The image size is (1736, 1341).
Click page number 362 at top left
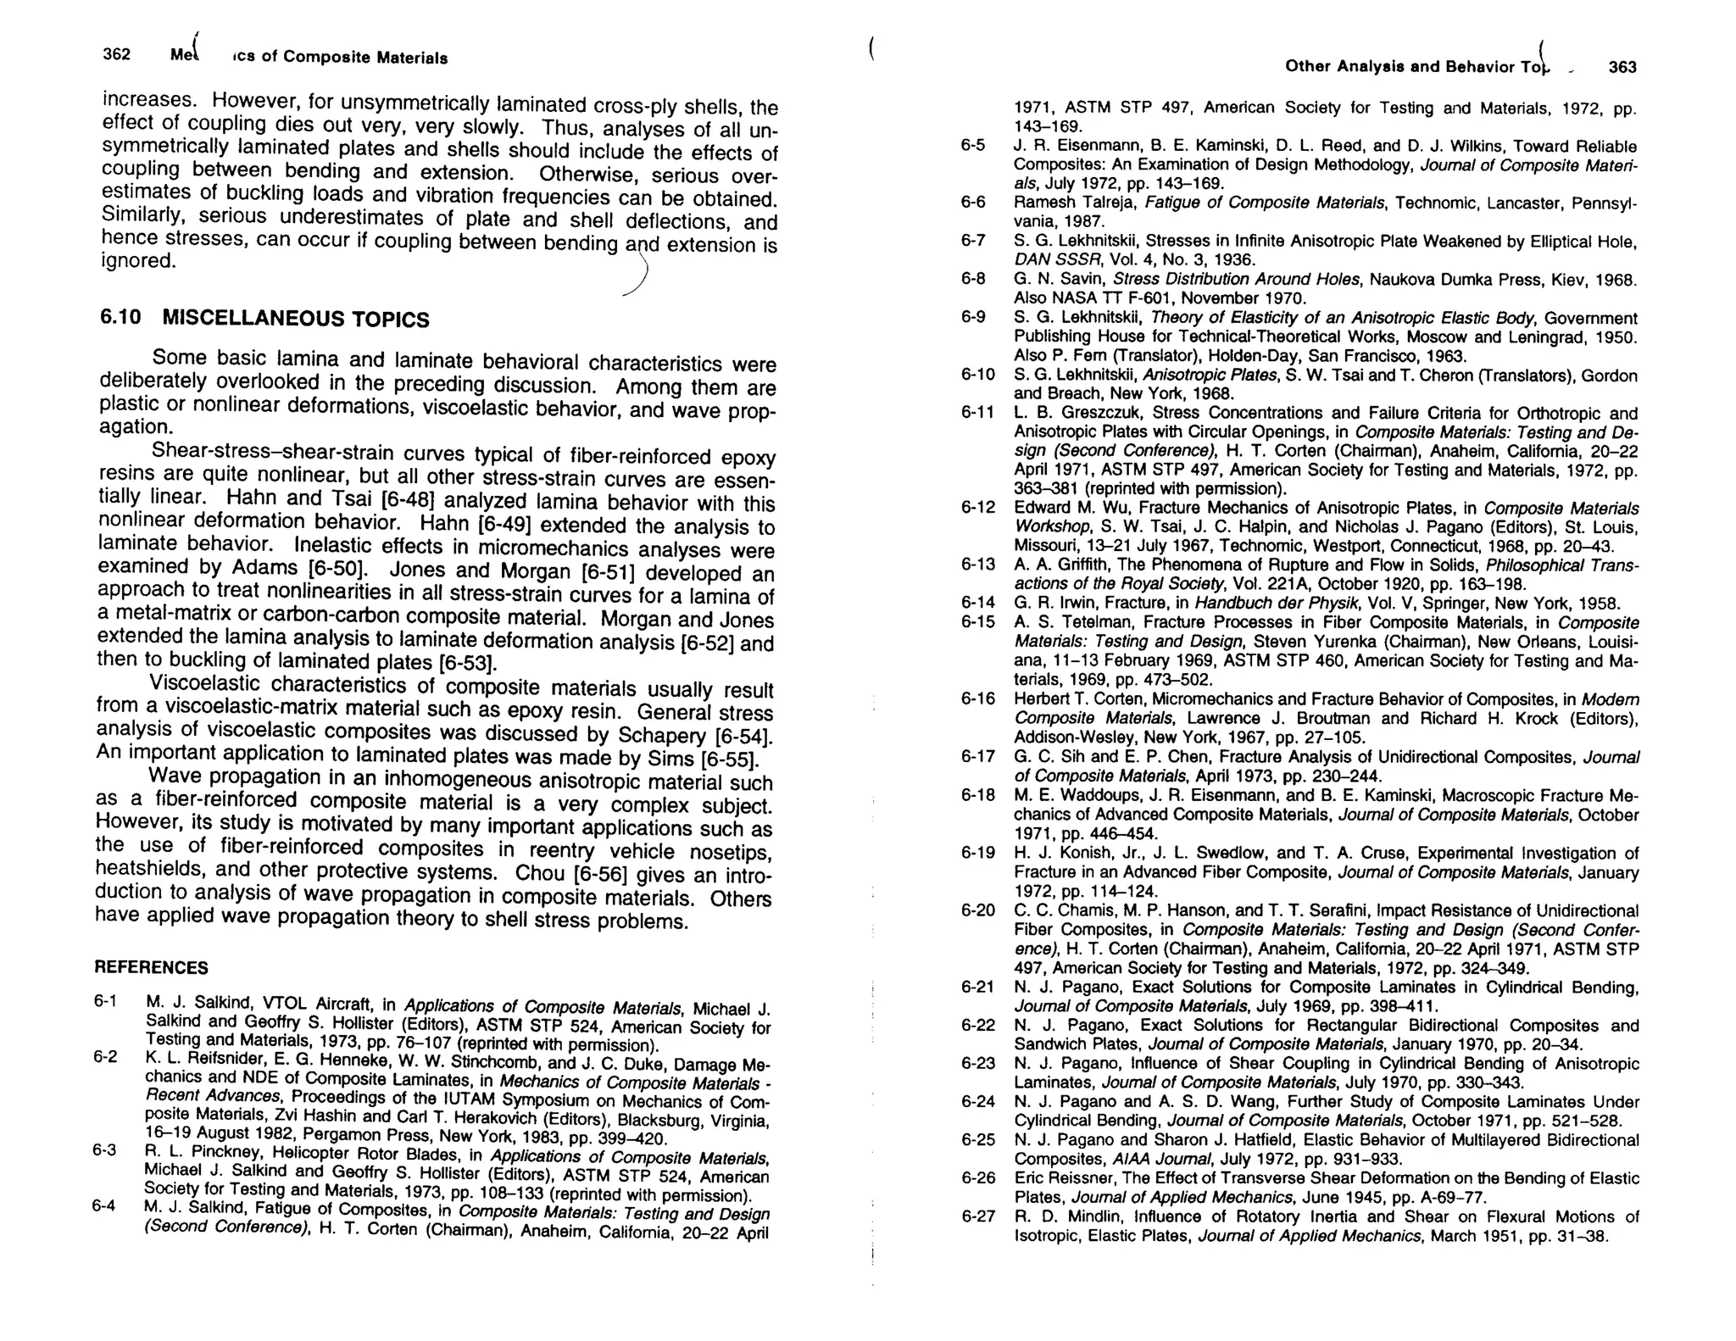116,54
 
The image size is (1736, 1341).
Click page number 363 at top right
1622,67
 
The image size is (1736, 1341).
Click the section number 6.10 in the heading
120,317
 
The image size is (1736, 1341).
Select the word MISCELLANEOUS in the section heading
253,318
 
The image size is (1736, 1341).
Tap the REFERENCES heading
151,967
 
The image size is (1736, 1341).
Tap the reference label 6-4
103,1205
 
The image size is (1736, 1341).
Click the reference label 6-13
977,565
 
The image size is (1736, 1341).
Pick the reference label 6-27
977,1216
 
